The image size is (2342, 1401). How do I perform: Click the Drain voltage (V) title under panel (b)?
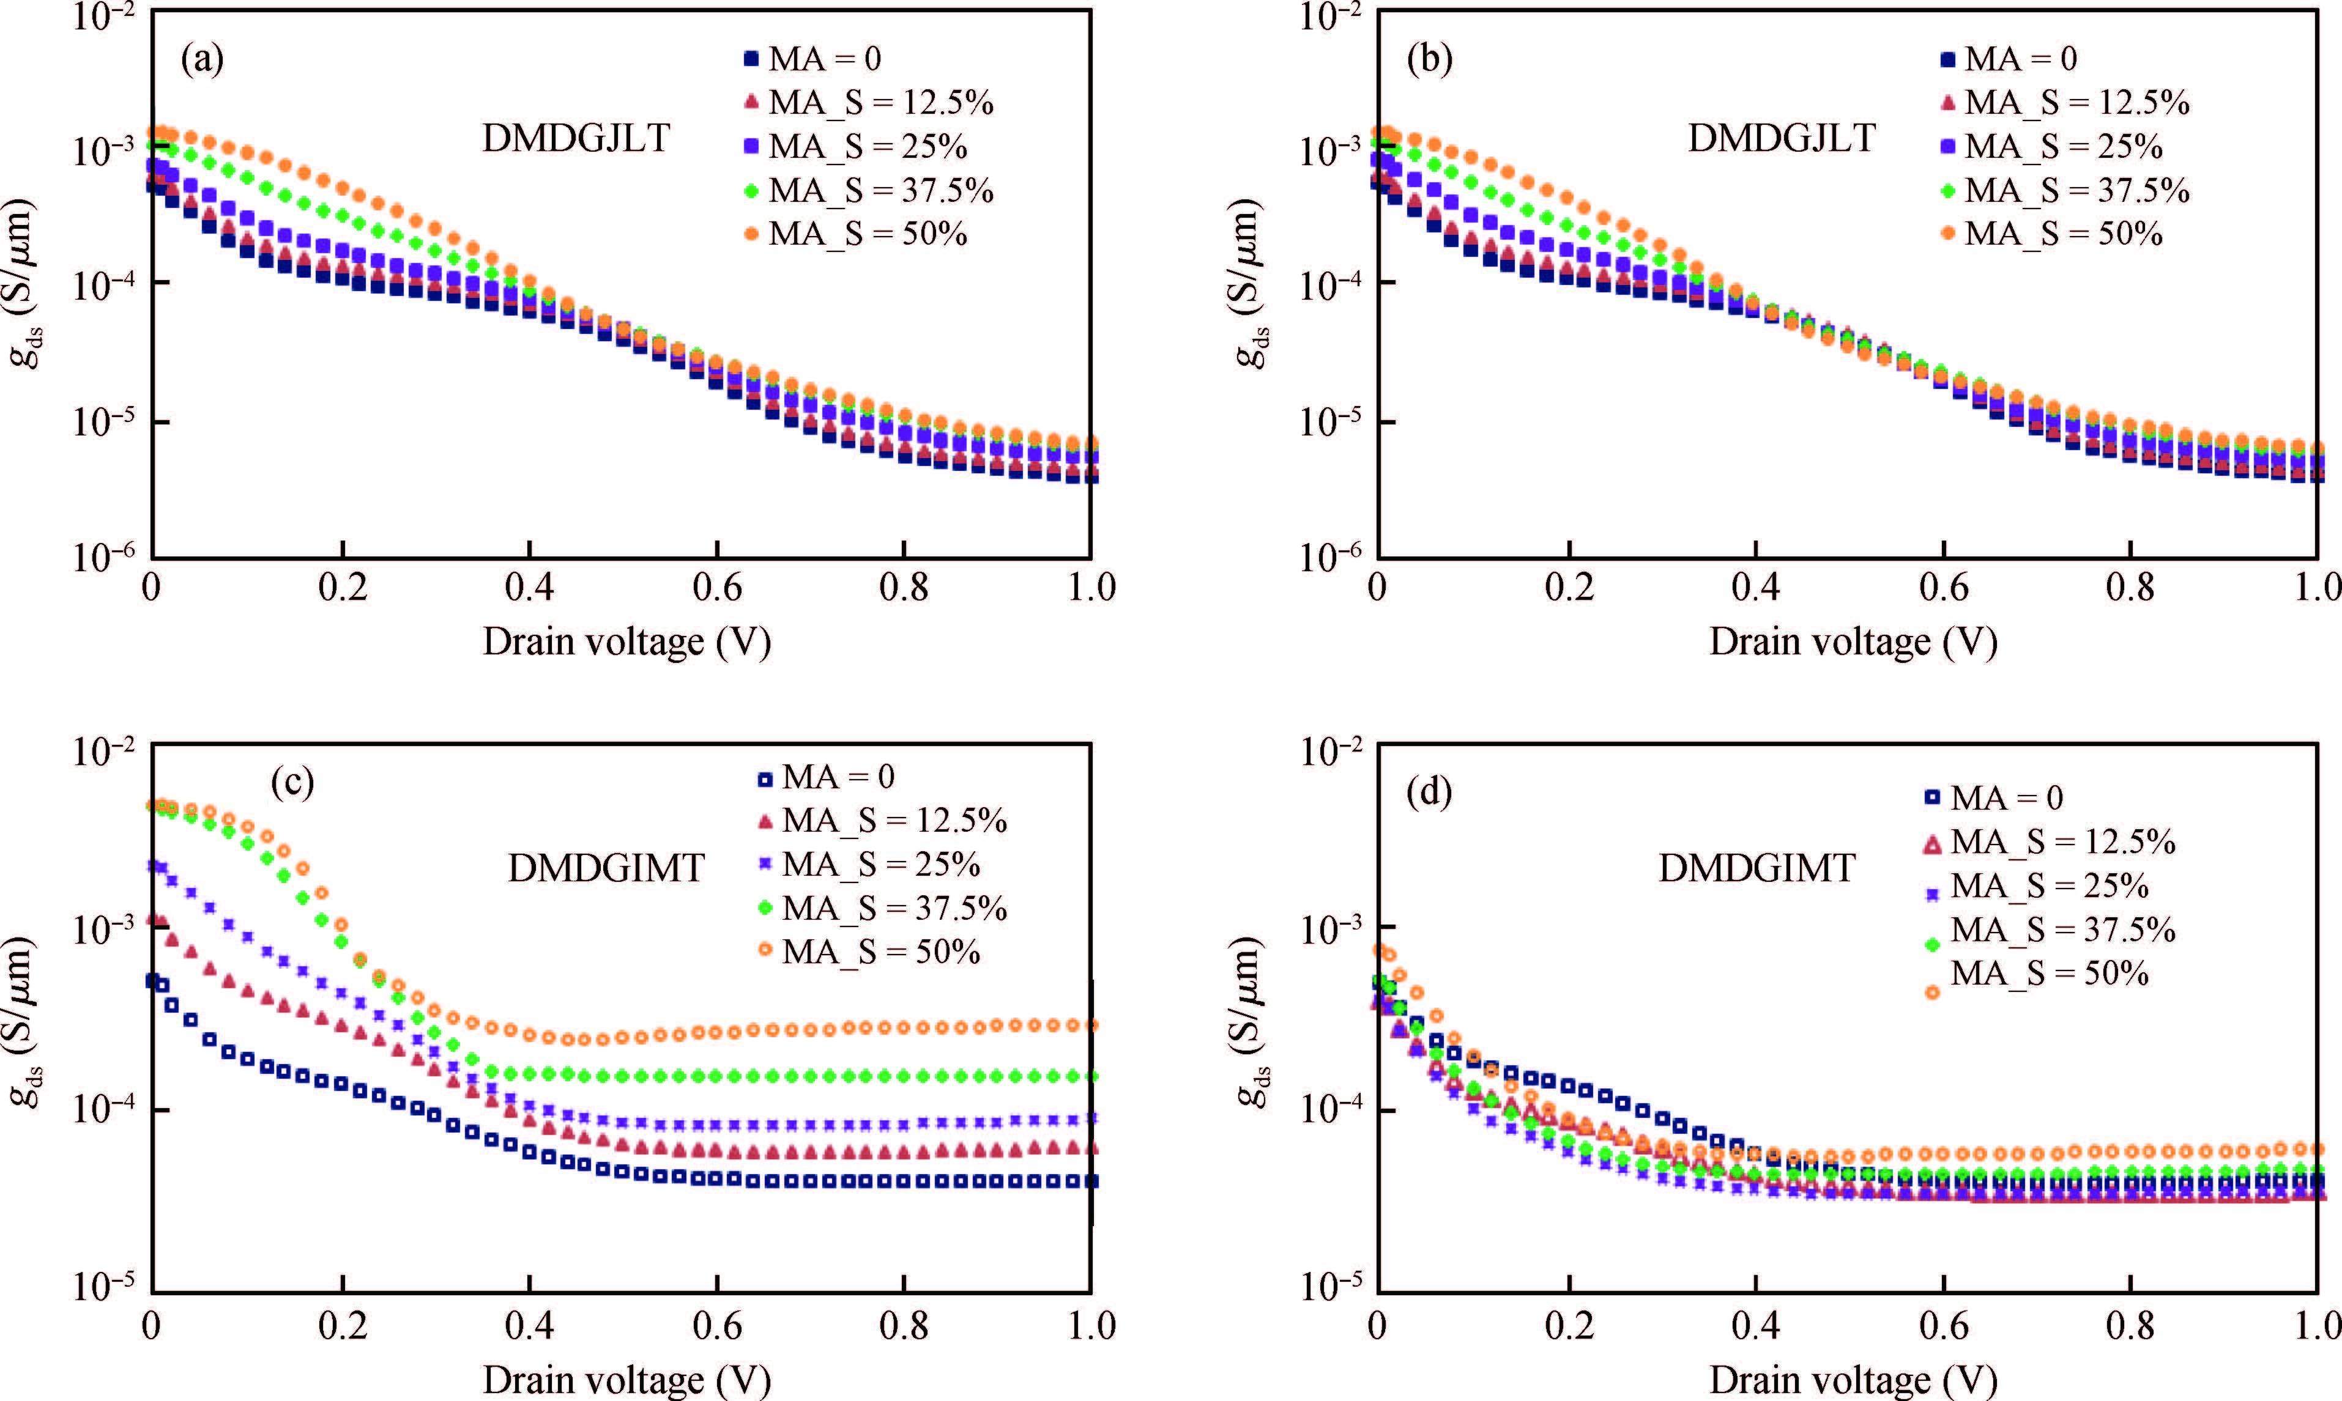tap(1853, 642)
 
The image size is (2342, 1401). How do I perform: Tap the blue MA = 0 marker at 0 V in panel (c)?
tap(152, 981)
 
